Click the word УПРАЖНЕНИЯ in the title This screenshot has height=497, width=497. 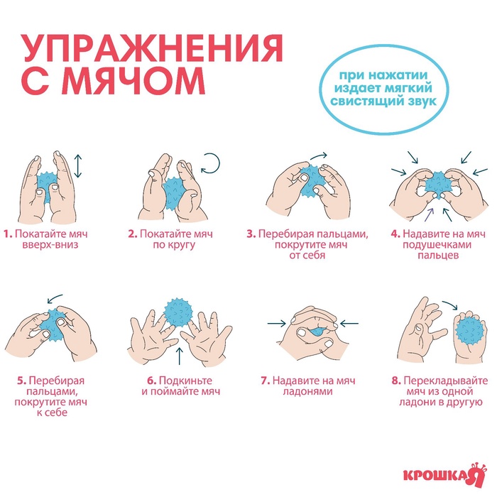(x=151, y=48)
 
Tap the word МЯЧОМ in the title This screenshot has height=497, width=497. (x=134, y=80)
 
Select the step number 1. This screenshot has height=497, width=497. (x=9, y=234)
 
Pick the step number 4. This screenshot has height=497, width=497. (x=396, y=234)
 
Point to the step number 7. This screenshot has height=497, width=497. (x=266, y=381)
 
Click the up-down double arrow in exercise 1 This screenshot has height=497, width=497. (x=78, y=166)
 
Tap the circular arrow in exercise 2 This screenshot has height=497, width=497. (x=211, y=163)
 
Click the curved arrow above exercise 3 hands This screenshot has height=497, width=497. (x=319, y=155)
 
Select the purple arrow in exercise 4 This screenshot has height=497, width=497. (x=429, y=214)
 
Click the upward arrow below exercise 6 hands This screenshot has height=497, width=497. (x=180, y=356)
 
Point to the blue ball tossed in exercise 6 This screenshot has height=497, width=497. (x=178, y=312)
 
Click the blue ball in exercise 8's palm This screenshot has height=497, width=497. (x=471, y=333)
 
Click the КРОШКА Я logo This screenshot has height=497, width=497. (x=444, y=474)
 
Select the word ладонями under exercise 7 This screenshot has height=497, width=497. (x=307, y=391)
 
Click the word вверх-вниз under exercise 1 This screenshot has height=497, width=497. (x=50, y=245)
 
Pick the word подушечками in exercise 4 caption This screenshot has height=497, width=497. (x=437, y=245)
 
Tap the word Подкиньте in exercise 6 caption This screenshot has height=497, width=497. (x=185, y=381)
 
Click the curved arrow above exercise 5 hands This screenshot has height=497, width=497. (x=55, y=298)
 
